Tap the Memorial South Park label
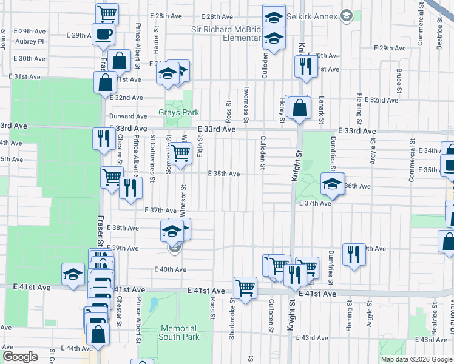coord(179,332)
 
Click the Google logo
coord(20,357)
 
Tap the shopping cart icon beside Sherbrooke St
coord(245,288)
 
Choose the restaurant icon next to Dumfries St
coord(354,255)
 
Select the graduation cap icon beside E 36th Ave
coord(332,184)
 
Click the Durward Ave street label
coord(128,116)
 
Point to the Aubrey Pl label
coord(30,41)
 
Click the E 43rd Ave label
coord(315,338)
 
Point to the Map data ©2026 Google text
coord(416,359)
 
